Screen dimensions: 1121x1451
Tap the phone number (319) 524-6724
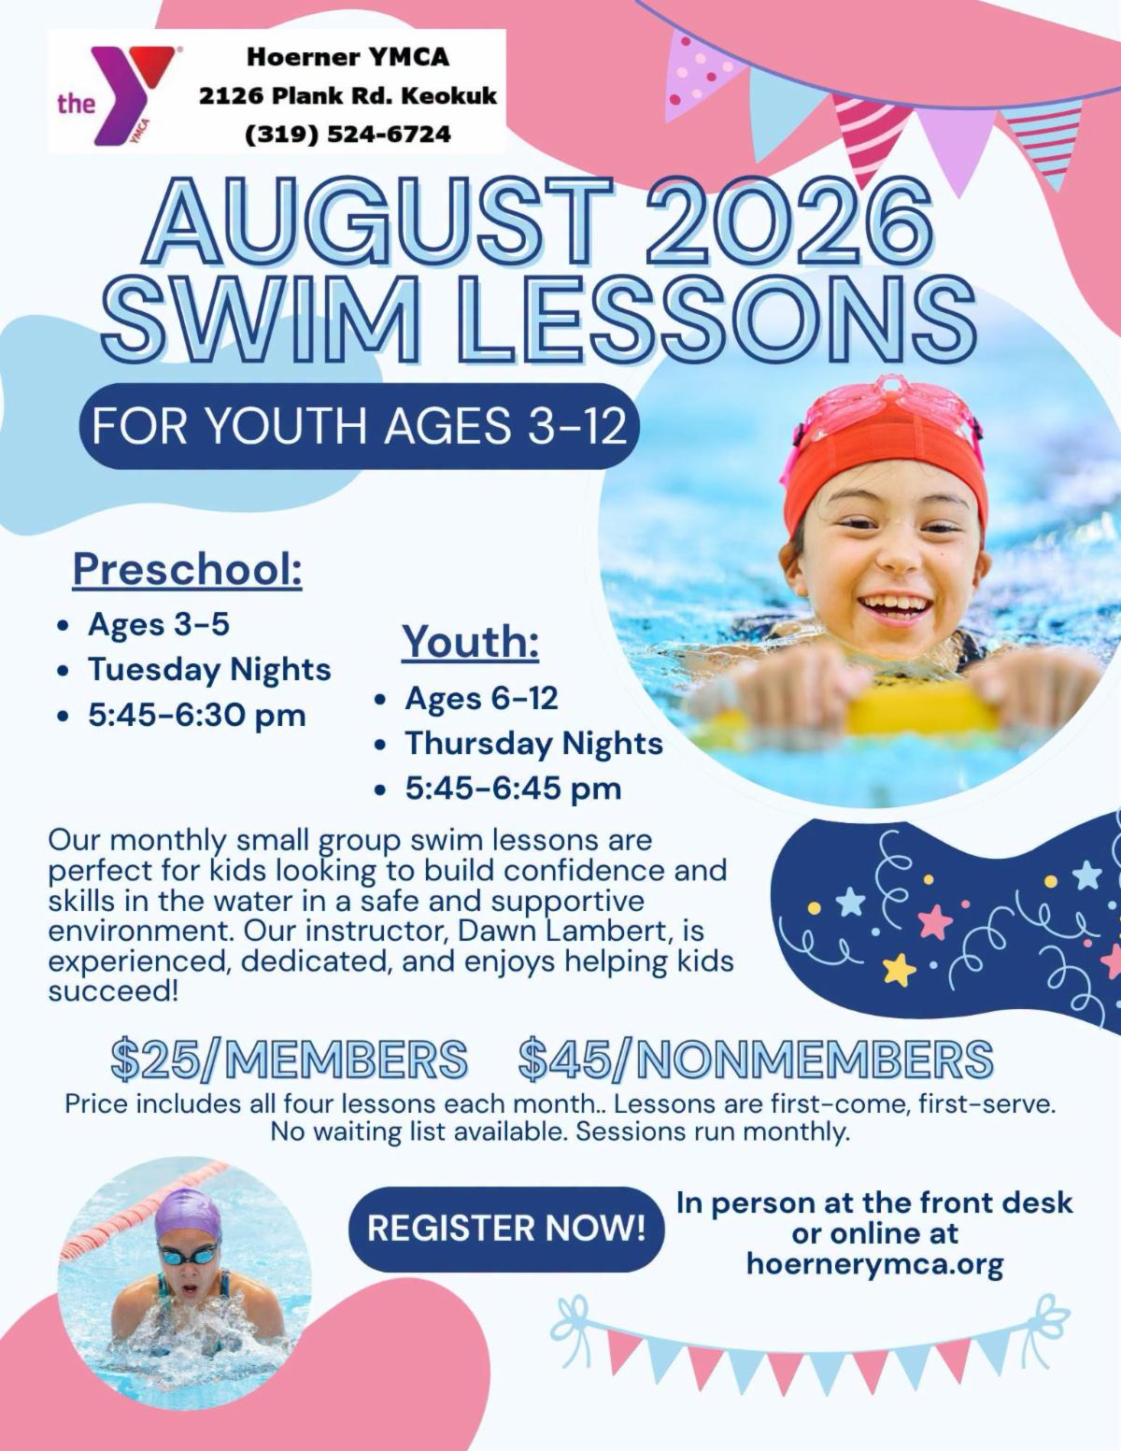pos(348,135)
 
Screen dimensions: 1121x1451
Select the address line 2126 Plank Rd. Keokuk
pos(348,95)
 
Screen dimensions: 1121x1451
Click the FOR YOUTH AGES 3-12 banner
pos(360,426)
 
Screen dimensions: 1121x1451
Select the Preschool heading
pos(187,569)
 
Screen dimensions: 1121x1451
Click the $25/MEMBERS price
pos(289,1060)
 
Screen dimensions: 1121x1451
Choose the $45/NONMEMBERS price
pos(756,1060)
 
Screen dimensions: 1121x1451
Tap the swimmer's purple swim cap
pos(188,1215)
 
